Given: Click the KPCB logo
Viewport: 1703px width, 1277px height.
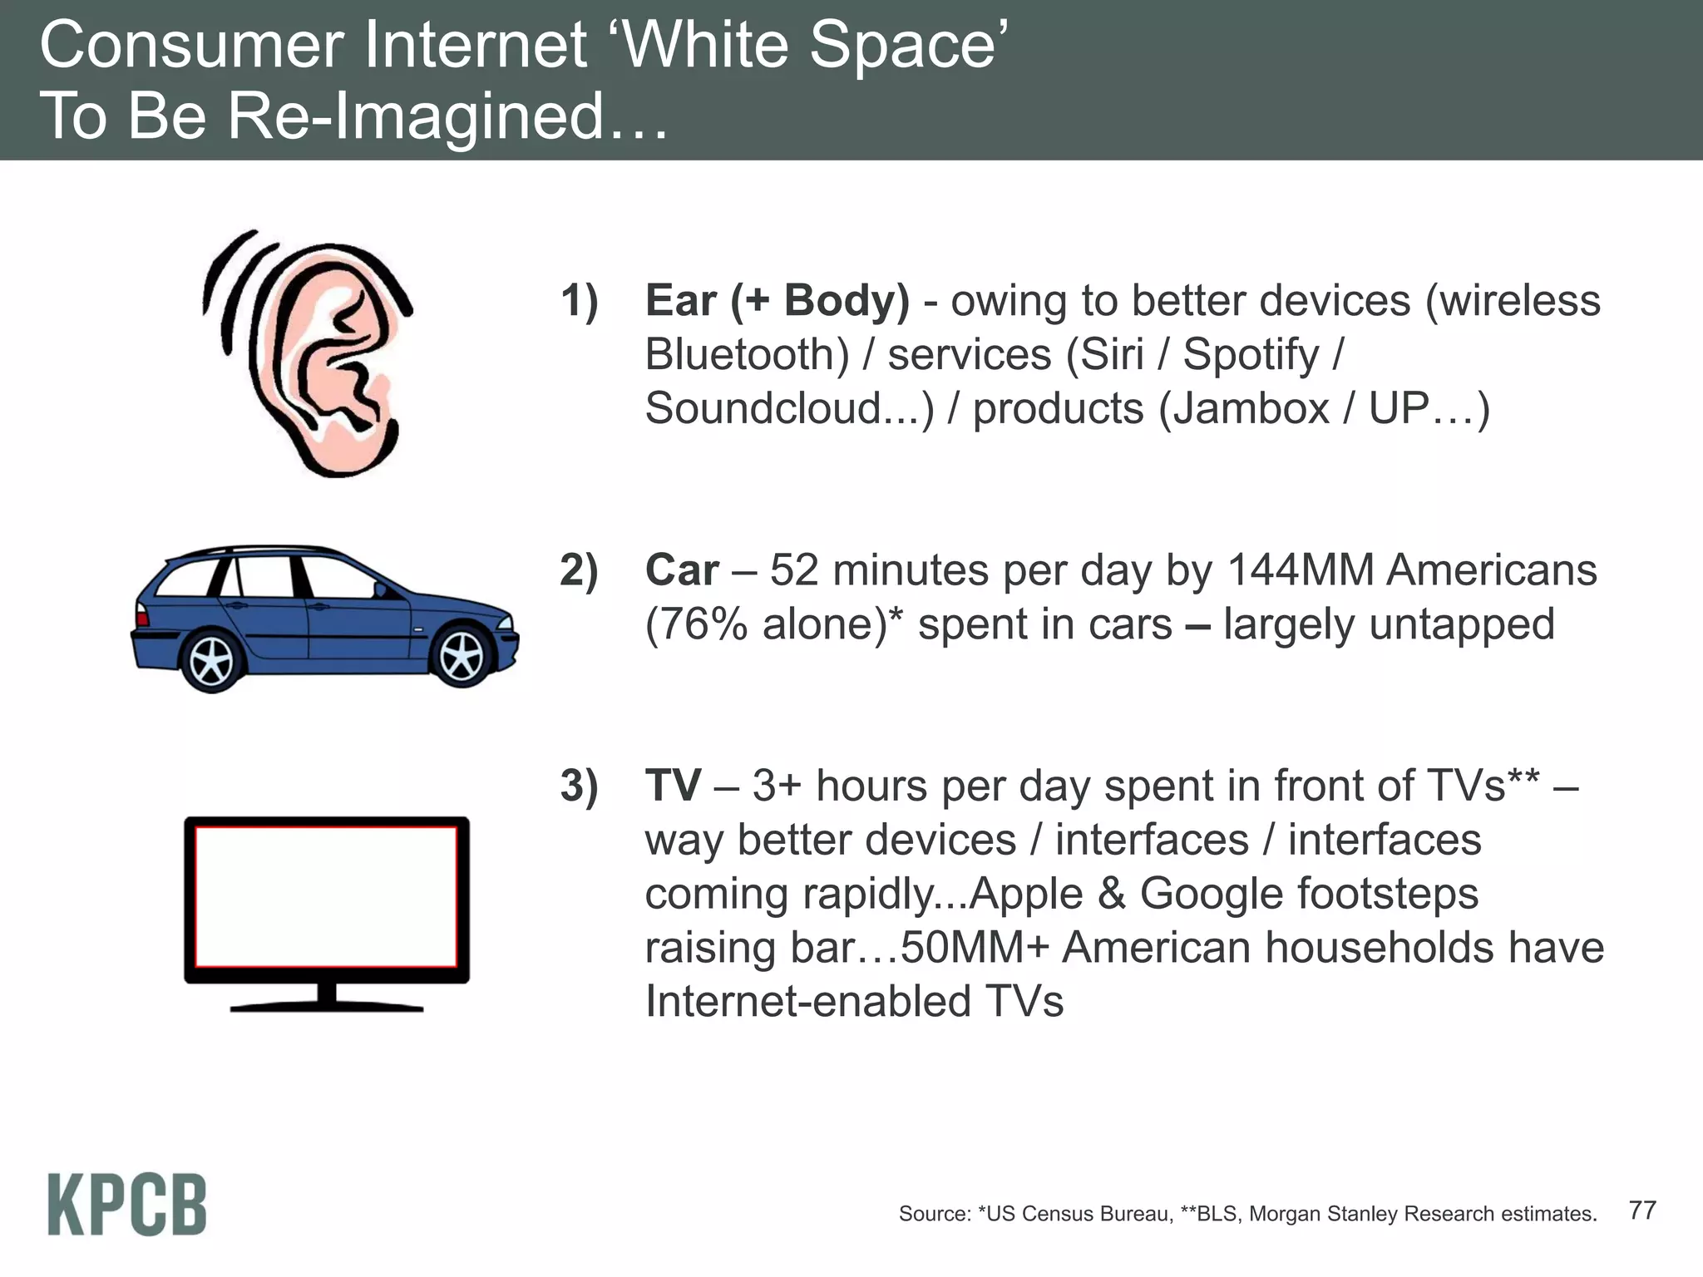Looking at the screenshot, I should tap(126, 1205).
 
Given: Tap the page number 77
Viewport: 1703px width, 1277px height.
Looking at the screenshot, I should tap(1641, 1210).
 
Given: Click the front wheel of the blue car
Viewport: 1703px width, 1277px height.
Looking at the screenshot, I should tap(462, 656).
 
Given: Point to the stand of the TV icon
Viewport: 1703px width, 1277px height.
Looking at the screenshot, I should tap(326, 998).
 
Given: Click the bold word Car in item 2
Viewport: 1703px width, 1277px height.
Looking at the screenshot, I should tap(681, 570).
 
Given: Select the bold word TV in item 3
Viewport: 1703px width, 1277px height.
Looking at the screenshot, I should tap(673, 785).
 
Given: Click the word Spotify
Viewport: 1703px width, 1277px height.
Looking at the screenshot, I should tap(1251, 355).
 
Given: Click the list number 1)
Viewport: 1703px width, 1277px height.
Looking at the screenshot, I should tap(579, 301).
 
